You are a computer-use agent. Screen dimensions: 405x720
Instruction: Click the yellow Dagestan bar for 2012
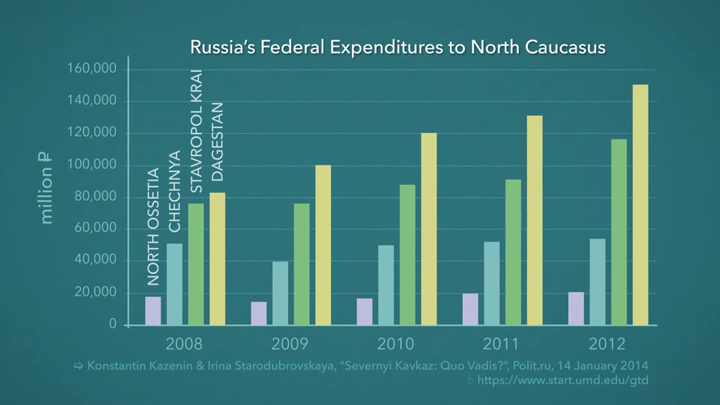coord(640,205)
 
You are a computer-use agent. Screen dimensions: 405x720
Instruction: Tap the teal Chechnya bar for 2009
coord(280,293)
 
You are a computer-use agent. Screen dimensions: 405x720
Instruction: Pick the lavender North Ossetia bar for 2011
coord(470,309)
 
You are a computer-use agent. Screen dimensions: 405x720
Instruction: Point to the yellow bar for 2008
coord(217,259)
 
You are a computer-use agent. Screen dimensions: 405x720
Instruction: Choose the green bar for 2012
coord(618,232)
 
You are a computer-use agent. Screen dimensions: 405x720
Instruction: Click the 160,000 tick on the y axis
coord(91,69)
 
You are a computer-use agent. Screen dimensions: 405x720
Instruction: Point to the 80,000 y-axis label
coord(94,197)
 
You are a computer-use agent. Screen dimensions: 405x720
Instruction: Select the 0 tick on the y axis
coord(112,324)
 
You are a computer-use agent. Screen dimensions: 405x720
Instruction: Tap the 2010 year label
coord(396,342)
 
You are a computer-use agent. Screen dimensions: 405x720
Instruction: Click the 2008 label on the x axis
coord(184,342)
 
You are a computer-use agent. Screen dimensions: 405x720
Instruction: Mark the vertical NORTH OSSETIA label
coord(153,227)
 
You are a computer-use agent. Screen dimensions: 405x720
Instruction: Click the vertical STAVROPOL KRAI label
coord(196,131)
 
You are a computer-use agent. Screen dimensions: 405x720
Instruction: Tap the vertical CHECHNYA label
coord(174,191)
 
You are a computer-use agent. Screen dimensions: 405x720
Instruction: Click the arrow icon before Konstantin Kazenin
coord(78,366)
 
